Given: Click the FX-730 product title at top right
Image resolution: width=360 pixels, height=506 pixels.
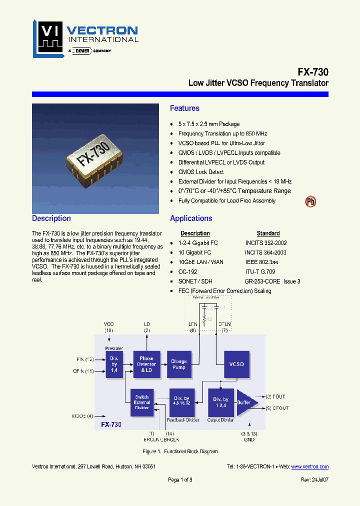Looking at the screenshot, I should click(313, 72).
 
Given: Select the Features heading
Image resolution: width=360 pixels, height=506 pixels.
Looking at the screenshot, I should click(184, 108).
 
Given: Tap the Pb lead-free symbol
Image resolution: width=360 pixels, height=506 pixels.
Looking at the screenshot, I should click(310, 201).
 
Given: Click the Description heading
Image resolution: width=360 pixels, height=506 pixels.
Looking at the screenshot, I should click(51, 218).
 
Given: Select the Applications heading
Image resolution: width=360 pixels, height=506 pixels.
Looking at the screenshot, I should click(191, 218).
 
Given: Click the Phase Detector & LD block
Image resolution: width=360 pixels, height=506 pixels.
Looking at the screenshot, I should click(146, 364).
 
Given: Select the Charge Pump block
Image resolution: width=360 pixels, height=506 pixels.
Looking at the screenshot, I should click(178, 364).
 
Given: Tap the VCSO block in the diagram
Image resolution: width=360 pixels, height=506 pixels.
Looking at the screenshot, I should click(236, 364).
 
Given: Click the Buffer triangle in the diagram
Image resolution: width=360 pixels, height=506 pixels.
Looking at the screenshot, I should click(246, 402).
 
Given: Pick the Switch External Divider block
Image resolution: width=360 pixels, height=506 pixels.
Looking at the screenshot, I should click(142, 402).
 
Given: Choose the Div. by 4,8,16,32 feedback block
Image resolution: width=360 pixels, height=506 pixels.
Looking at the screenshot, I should click(182, 402).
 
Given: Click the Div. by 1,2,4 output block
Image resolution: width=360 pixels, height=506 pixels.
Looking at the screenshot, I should click(220, 402).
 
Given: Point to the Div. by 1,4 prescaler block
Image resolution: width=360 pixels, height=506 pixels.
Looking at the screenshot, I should click(114, 364).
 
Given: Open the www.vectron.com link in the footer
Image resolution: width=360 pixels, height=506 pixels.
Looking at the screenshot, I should click(309, 466).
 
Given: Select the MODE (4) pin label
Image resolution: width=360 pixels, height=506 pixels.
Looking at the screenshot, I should click(82, 415).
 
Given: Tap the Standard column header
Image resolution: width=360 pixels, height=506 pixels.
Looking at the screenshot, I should click(268, 233).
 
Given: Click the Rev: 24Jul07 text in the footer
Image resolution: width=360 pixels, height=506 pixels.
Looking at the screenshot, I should click(314, 479).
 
